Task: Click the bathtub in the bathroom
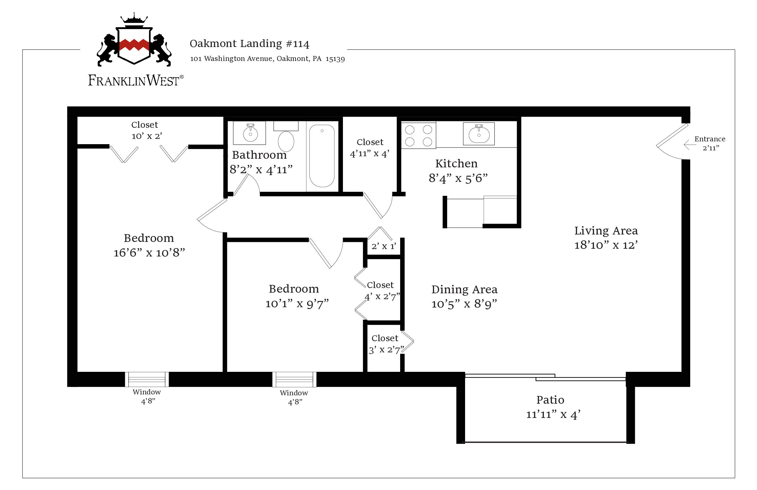(322, 156)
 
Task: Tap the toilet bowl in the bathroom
(286, 141)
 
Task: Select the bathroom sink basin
(250, 134)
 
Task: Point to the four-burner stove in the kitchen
(419, 135)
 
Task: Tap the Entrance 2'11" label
(710, 143)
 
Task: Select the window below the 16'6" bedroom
(147, 379)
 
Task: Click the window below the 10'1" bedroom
(294, 379)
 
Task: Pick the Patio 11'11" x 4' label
(553, 407)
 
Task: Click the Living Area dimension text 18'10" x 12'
(606, 245)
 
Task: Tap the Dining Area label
(464, 290)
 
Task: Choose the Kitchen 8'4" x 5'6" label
(458, 171)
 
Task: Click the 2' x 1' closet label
(383, 246)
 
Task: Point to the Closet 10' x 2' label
(147, 131)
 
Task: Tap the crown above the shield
(134, 18)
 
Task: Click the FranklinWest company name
(136, 80)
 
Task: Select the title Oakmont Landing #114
(249, 44)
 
